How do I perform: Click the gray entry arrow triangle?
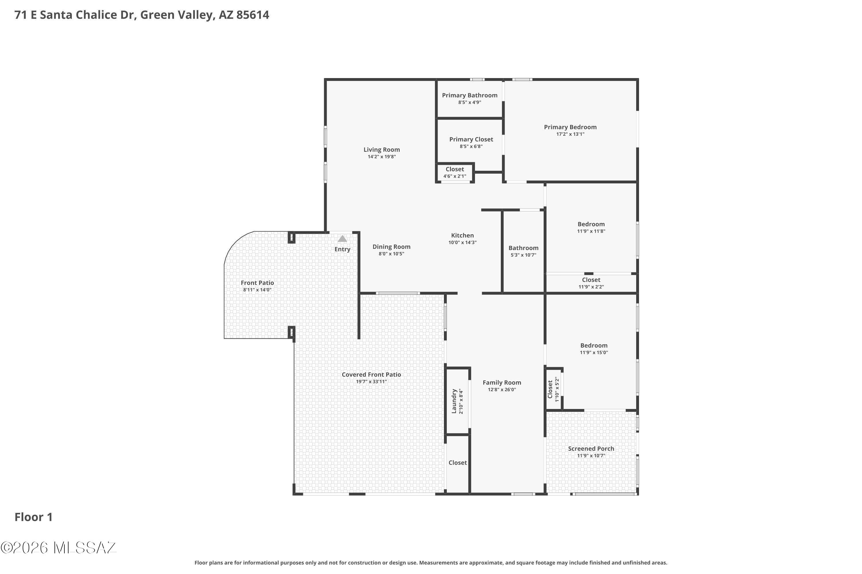[342, 239]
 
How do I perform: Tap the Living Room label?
[382, 150]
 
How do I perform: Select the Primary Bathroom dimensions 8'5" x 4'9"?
[470, 102]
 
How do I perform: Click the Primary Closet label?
[471, 139]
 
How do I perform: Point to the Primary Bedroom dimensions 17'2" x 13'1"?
[570, 134]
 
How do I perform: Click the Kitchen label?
[463, 235]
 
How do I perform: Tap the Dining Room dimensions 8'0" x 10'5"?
[391, 254]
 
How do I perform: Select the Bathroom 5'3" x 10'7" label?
[523, 251]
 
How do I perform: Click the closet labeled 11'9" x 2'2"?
[591, 283]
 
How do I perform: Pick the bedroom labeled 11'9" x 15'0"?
[594, 349]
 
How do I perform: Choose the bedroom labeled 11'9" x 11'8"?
[591, 227]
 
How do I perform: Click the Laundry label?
[454, 401]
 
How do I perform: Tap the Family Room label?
[502, 383]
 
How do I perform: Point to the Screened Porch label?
[591, 449]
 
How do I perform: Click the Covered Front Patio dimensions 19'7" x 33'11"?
[371, 382]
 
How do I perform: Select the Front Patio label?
[257, 283]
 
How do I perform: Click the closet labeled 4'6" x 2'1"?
[455, 172]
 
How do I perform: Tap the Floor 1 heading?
[33, 517]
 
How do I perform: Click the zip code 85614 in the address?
[253, 15]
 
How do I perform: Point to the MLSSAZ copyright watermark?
[59, 548]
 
